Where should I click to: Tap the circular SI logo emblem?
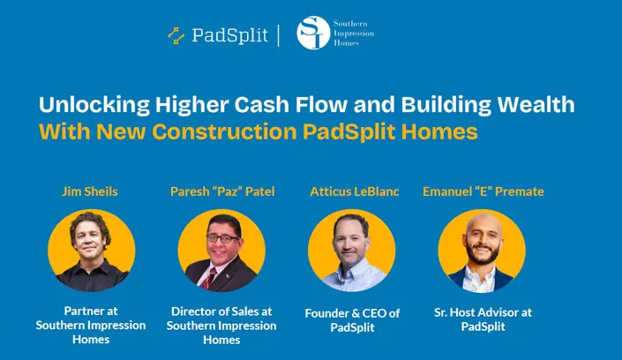[313, 33]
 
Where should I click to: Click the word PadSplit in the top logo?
[231, 36]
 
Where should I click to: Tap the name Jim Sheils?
[90, 191]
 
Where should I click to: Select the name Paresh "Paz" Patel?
[221, 191]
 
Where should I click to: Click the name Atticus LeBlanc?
[352, 191]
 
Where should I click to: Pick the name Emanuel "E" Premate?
[483, 191]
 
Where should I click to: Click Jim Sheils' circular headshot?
[91, 250]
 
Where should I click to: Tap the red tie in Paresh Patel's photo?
[213, 278]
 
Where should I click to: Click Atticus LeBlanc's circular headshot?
[352, 250]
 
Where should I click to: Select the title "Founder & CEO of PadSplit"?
[352, 320]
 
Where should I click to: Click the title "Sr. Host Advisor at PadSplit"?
[483, 319]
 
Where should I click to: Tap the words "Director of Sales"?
[221, 311]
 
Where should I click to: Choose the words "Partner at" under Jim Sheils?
[90, 311]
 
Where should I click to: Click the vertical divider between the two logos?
[280, 35]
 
